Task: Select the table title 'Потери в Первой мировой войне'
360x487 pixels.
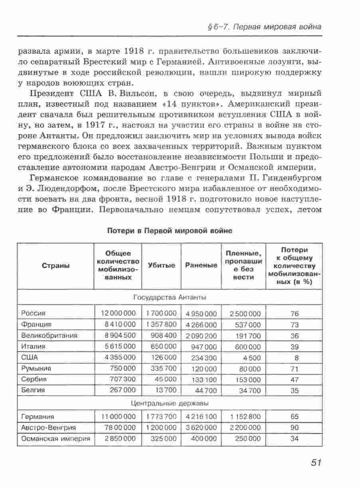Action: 170,231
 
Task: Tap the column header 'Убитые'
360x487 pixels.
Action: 161,265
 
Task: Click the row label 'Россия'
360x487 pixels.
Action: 34,313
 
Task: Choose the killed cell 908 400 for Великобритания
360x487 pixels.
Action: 164,336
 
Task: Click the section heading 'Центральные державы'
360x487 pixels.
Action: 170,403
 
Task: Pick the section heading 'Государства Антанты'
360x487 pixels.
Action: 170,297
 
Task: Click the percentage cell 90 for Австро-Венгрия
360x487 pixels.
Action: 294,428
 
